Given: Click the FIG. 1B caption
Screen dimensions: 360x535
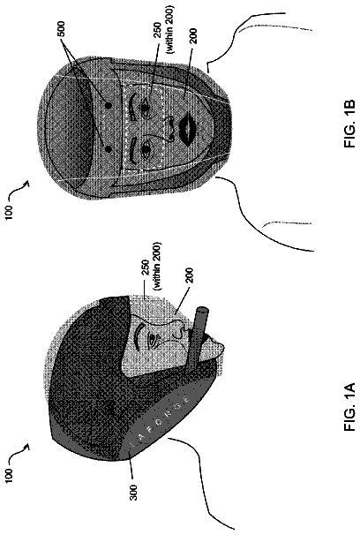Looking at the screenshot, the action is [x=349, y=124].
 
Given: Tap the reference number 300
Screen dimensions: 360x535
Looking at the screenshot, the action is [x=134, y=493].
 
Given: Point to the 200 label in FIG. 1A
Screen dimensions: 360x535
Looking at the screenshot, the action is [x=189, y=275].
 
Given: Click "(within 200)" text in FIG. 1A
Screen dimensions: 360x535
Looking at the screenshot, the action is [x=156, y=267].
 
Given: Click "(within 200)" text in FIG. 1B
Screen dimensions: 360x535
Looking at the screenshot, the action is [x=169, y=29].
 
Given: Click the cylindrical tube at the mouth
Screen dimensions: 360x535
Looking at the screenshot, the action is [x=197, y=336].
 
